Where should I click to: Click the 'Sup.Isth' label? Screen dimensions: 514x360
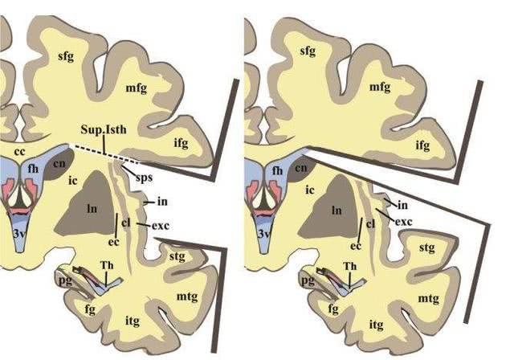[104, 129]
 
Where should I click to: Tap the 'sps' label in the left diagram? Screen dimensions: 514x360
[145, 177]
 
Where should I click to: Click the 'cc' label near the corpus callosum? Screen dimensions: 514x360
[20, 152]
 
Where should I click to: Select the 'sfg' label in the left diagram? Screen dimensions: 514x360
[66, 56]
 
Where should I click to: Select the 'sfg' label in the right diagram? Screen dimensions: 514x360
[308, 51]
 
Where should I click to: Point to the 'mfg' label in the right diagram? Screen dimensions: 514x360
[380, 87]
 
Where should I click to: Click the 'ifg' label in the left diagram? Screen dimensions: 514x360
[181, 142]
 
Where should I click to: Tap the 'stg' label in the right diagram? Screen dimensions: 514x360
[426, 247]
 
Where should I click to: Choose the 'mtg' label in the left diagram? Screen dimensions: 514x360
[187, 297]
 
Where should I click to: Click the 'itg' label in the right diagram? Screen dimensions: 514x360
[376, 325]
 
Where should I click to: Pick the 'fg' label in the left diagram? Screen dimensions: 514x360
[90, 309]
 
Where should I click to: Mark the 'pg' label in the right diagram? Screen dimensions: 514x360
[308, 280]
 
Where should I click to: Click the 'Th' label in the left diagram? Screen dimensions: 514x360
[107, 265]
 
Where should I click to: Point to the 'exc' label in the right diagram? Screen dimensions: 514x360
[403, 222]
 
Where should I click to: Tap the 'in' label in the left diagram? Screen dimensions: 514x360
[162, 201]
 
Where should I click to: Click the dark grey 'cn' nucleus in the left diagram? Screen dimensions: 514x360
[59, 164]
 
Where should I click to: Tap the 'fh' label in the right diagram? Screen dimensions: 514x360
[277, 170]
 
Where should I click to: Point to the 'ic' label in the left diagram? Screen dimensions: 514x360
[73, 180]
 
